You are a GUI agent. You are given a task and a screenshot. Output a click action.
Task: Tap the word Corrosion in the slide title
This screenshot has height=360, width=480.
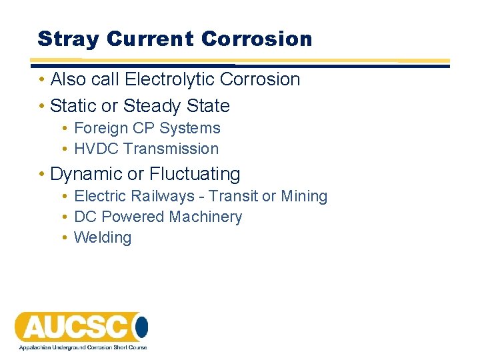257,39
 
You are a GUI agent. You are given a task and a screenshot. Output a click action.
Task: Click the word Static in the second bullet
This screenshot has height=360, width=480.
71,106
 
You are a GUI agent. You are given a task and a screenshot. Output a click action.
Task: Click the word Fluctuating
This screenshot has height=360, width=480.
195,175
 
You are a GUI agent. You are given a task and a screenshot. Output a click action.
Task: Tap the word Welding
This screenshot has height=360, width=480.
103,238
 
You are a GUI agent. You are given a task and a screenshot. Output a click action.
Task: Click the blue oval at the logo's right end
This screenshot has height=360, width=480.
141,327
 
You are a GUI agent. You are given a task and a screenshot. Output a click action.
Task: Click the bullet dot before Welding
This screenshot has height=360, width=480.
64,238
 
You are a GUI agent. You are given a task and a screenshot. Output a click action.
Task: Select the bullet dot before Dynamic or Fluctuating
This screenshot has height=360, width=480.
42,175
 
